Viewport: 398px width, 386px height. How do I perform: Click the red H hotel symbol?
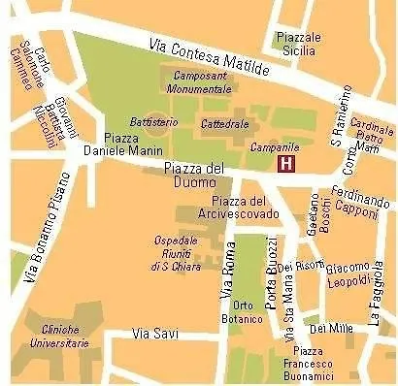coord(286,164)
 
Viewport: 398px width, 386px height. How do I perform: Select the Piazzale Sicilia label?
coord(298,44)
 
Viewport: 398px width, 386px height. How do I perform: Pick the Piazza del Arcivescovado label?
coord(232,207)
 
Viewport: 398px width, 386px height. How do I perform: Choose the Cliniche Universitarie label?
coord(58,336)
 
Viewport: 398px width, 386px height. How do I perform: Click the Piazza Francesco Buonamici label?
coord(308,363)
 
